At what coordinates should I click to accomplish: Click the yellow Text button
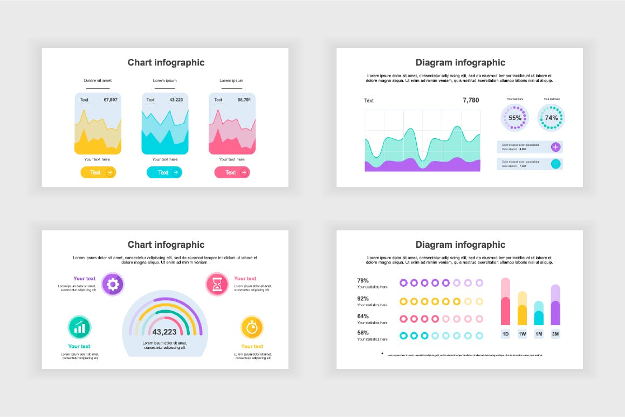click(98, 172)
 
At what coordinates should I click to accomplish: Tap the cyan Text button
click(164, 172)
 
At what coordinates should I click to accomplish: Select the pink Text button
click(232, 172)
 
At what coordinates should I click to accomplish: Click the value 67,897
click(111, 100)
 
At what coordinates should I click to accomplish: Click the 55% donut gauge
click(515, 118)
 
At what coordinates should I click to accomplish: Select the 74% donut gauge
click(551, 118)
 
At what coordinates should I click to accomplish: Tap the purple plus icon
click(556, 147)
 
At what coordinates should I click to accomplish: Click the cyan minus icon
click(556, 164)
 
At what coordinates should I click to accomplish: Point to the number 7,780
click(471, 100)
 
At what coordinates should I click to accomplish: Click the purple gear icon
click(113, 284)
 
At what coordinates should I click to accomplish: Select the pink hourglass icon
click(217, 284)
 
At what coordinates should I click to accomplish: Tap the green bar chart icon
click(79, 327)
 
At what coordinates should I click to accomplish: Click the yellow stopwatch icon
click(252, 327)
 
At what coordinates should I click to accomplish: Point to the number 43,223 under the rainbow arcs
click(164, 332)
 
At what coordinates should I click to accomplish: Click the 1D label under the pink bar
click(506, 334)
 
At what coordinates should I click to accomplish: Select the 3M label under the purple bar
click(555, 334)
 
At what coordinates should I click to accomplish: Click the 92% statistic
click(363, 298)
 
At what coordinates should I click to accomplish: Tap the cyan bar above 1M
click(539, 313)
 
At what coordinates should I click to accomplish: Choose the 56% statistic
click(363, 333)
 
